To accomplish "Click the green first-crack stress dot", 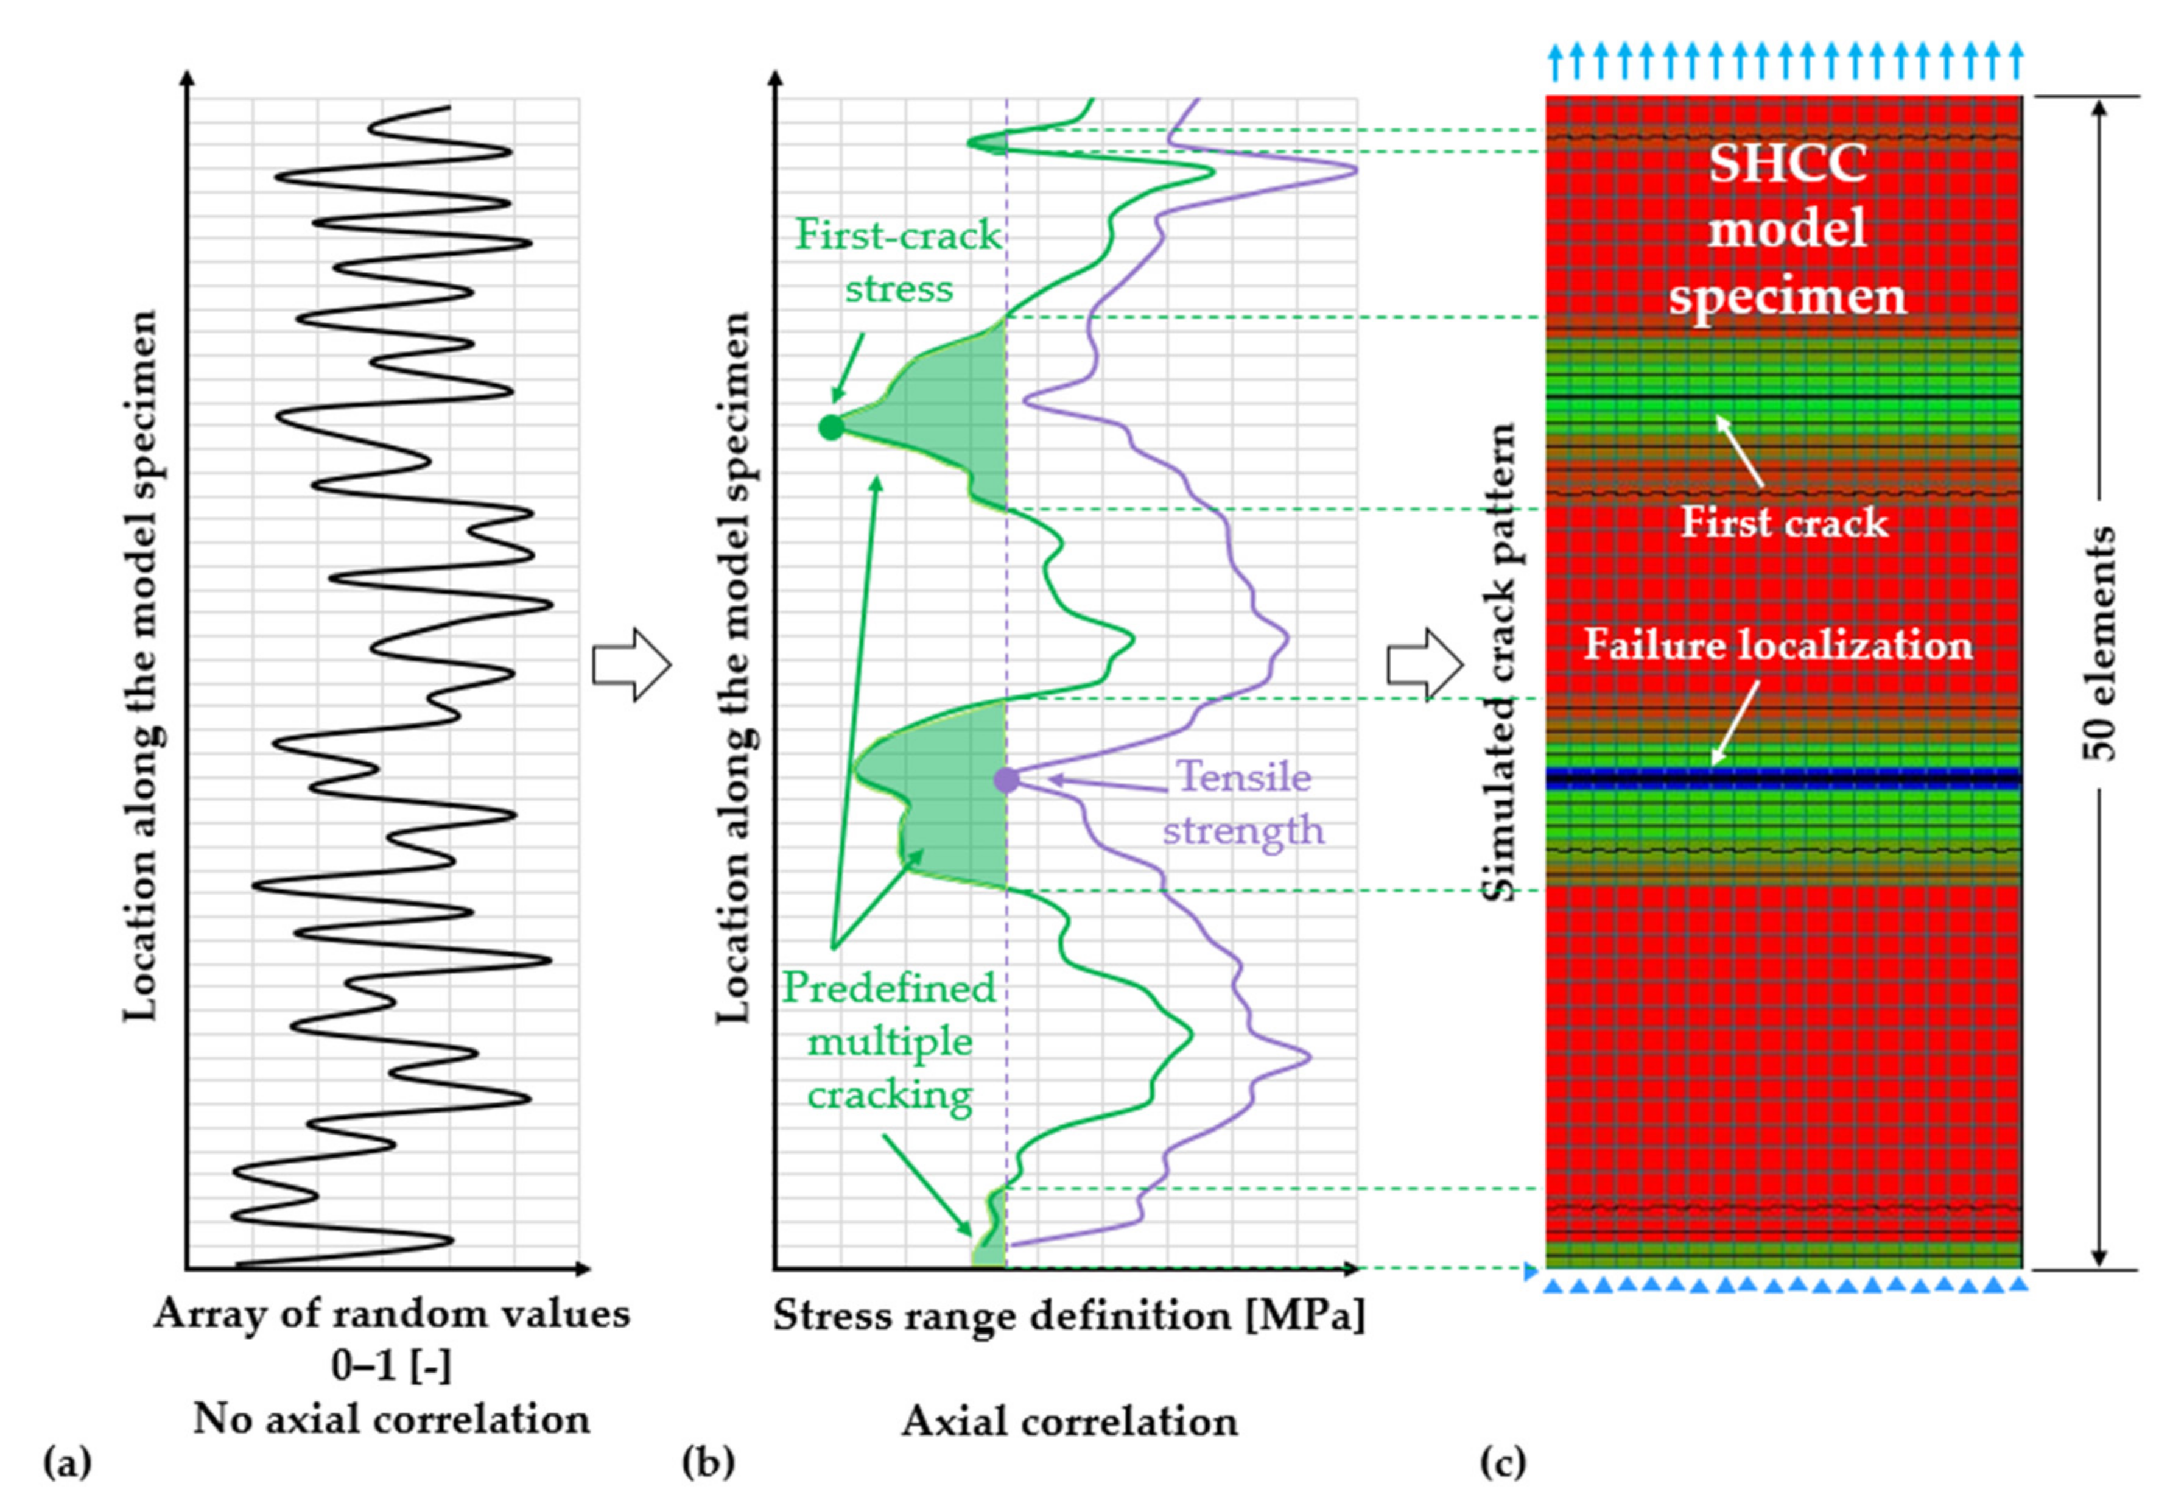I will [x=830, y=428].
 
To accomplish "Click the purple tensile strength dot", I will [x=1006, y=780].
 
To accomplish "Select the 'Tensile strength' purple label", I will [x=1243, y=803].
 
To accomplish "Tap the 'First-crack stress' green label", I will [x=898, y=261].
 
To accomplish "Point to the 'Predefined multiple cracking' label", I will [x=890, y=1041].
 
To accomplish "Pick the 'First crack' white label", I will [x=1784, y=523].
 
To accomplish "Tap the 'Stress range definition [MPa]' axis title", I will [x=1069, y=1315].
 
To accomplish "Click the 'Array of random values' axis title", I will [x=392, y=1314].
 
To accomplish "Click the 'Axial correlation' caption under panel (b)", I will [x=1069, y=1421].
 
